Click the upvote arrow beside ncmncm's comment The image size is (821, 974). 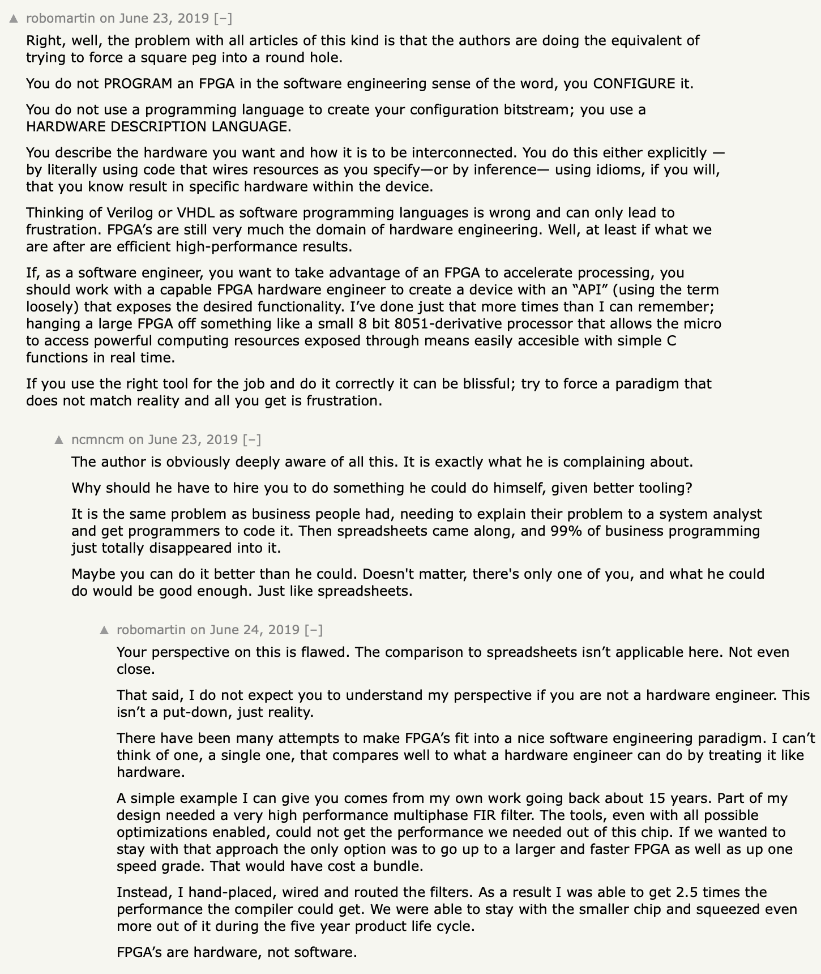(x=59, y=440)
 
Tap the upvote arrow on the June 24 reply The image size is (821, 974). (x=104, y=630)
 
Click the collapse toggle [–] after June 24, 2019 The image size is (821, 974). (x=314, y=630)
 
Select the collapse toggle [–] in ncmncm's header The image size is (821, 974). (x=252, y=439)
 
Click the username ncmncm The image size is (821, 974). (x=97, y=439)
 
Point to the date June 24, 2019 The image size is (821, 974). (x=255, y=630)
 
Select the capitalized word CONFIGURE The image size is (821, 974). (x=634, y=84)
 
